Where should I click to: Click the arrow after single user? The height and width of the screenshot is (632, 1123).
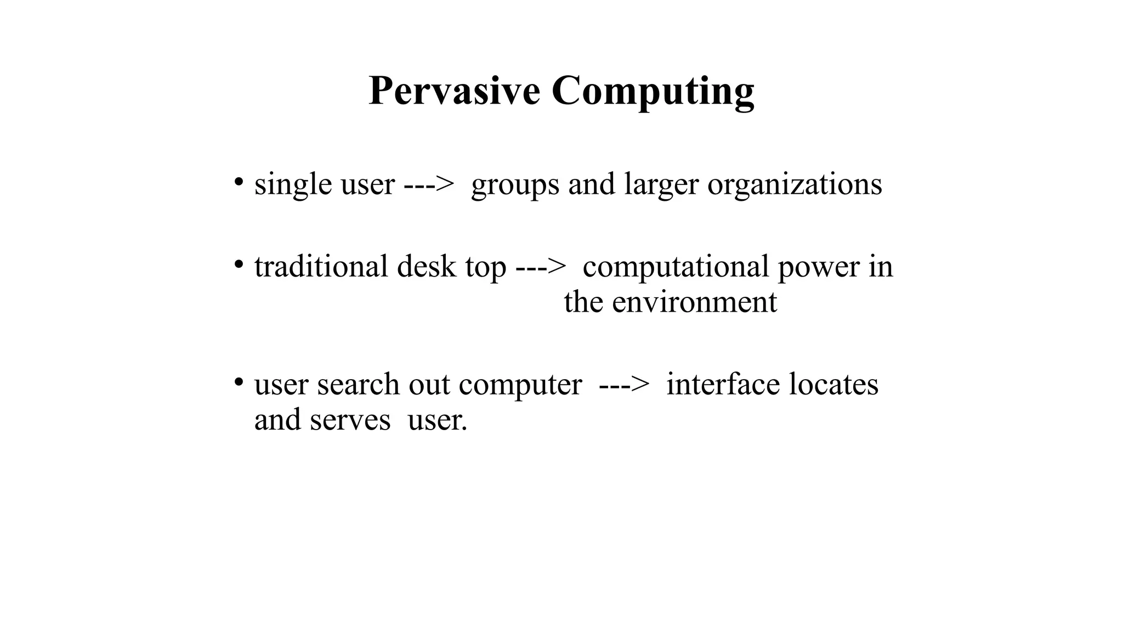[x=429, y=185]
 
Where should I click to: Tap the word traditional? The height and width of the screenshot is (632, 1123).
[x=321, y=267]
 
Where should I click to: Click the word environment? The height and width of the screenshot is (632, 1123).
[x=694, y=302]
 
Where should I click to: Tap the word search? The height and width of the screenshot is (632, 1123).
[x=358, y=384]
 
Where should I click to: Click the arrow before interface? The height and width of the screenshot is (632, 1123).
[x=624, y=385]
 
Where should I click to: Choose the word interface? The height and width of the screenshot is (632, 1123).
[x=723, y=384]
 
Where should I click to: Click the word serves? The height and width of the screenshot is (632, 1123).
[x=350, y=420]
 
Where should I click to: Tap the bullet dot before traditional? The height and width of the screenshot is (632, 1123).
[x=238, y=265]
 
